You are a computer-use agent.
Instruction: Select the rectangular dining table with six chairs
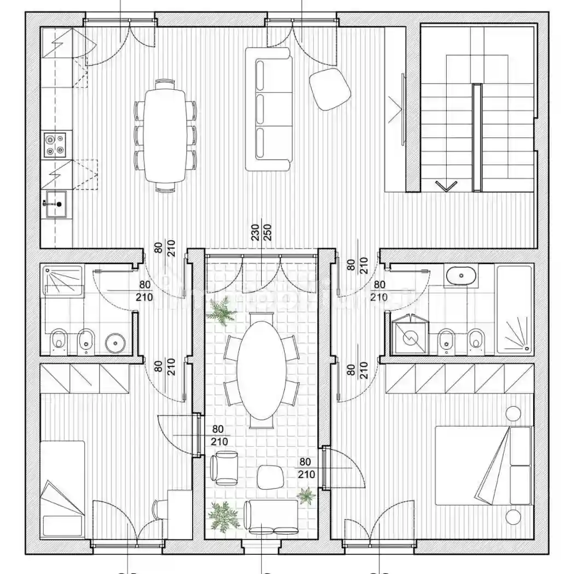[165, 135]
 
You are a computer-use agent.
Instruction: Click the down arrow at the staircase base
[446, 186]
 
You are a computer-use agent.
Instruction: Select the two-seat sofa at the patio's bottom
[271, 517]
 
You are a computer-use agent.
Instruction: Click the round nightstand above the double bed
[513, 413]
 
